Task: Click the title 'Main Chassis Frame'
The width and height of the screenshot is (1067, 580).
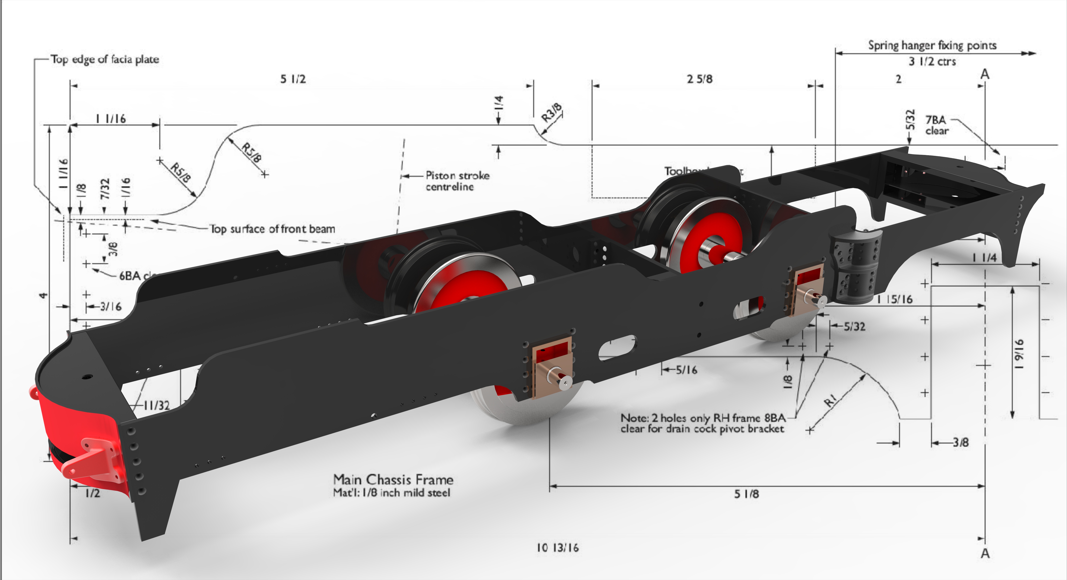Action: [x=393, y=480]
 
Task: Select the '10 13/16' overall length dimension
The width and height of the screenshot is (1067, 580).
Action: [x=558, y=548]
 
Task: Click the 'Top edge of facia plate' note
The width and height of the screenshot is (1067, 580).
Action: [x=105, y=59]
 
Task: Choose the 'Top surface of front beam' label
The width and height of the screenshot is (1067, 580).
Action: [x=272, y=229]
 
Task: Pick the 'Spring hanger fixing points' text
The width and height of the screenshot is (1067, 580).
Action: [x=932, y=45]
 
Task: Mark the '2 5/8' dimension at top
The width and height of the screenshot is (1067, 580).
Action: [x=700, y=79]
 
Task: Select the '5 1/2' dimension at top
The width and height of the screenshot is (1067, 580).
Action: [x=293, y=79]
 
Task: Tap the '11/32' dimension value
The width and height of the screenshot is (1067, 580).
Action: [x=157, y=405]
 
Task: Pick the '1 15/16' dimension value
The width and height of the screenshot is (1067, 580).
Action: [x=895, y=299]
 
